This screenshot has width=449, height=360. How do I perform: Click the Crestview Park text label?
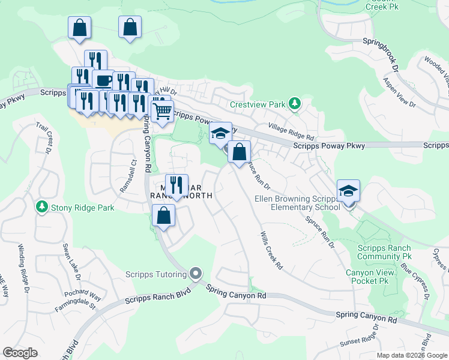coord(258,104)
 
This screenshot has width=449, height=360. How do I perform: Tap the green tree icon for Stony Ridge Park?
coord(41,208)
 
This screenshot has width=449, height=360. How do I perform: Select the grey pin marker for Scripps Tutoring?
coord(195,274)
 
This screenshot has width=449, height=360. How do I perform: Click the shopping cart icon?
coord(161,110)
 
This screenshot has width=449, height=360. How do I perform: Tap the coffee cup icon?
coord(103,80)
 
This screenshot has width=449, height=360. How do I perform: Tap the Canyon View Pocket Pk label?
coord(368,277)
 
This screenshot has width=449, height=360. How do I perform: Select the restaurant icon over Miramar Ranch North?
coord(176,185)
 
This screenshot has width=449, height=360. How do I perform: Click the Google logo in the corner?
coord(20,353)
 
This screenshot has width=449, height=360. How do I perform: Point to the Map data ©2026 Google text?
coord(411,355)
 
